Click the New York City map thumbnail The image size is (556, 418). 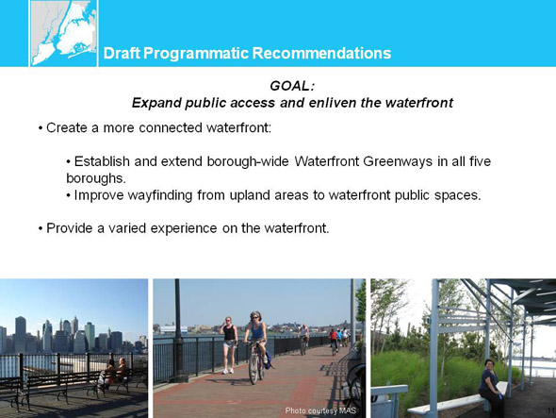tap(63, 33)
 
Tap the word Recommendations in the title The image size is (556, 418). tap(321, 53)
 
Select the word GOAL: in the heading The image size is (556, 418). tap(292, 86)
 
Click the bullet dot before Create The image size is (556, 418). tap(41, 128)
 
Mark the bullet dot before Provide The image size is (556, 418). tap(41, 228)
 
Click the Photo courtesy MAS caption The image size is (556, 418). tap(320, 410)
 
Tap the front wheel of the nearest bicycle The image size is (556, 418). tap(253, 368)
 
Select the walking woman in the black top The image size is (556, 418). tap(229, 344)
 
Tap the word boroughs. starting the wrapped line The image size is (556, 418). tap(96, 178)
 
